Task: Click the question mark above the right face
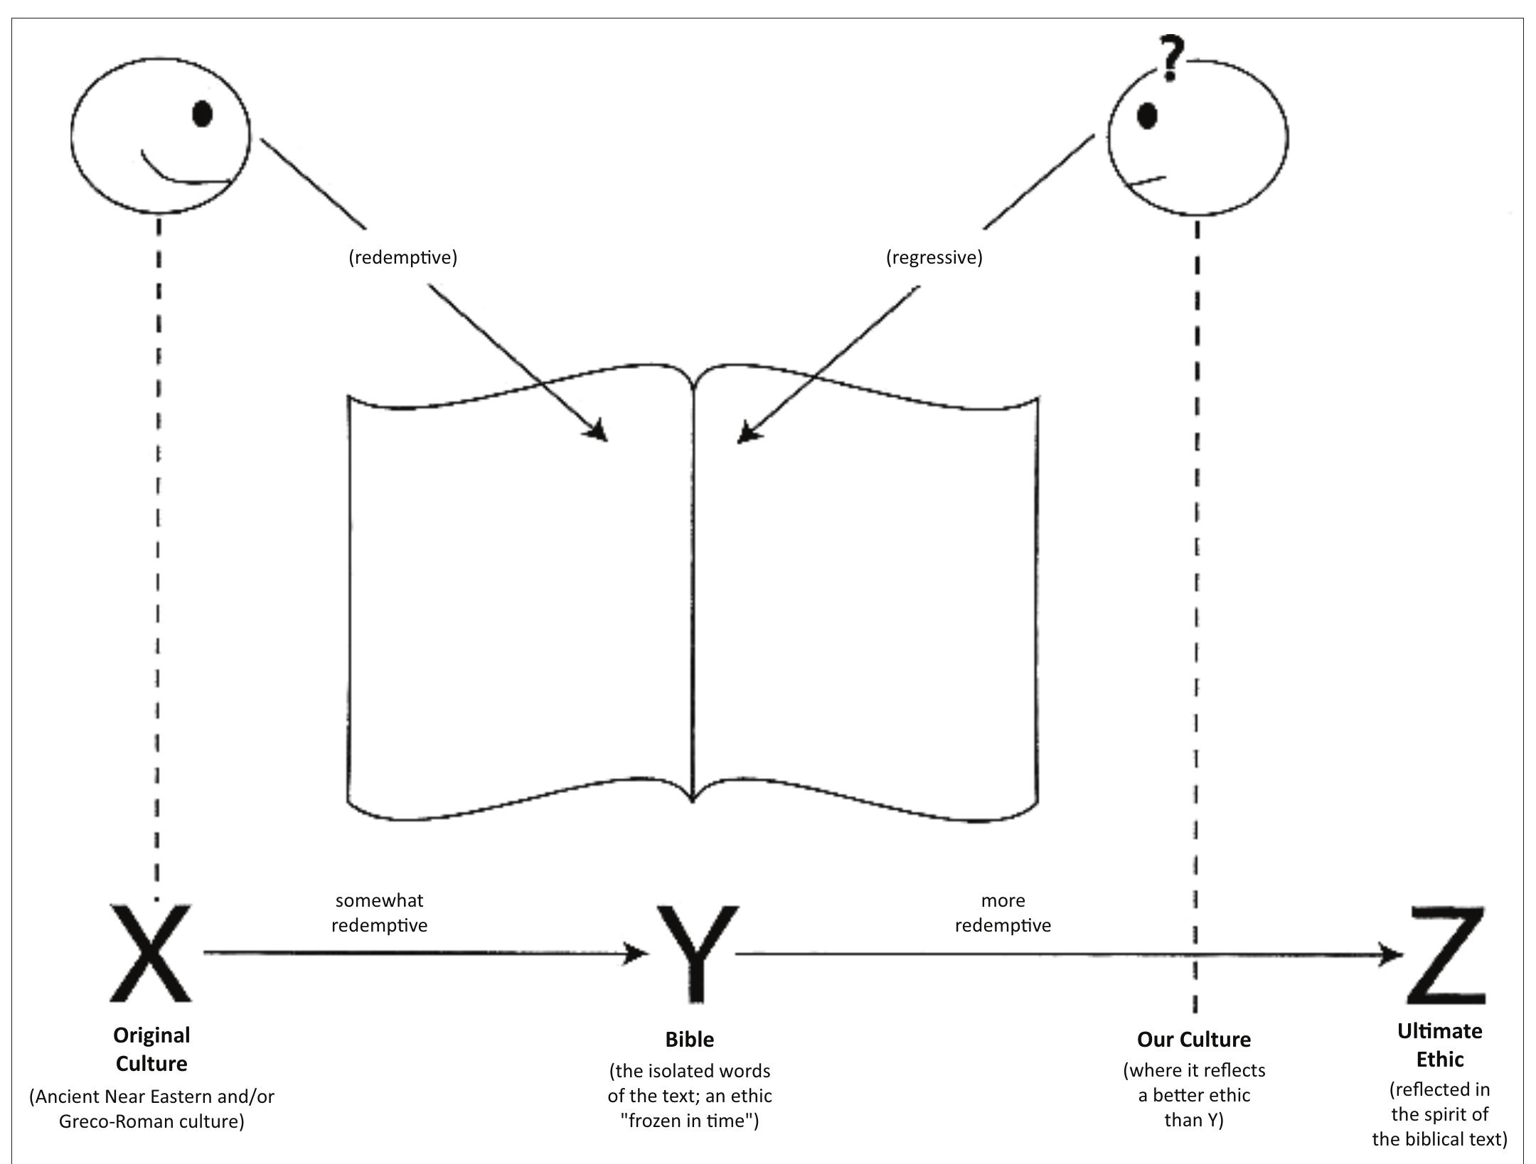point(1171,58)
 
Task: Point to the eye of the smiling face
point(203,114)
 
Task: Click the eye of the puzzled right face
point(1147,116)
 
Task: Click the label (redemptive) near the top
point(402,257)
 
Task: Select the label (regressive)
point(934,257)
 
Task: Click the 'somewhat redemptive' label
point(380,912)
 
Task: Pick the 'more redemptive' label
point(1003,912)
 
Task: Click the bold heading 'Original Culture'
point(151,1049)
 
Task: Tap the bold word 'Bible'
point(689,1039)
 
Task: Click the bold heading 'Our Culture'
point(1194,1039)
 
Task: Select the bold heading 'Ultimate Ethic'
point(1439,1045)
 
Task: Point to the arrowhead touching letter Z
point(1390,954)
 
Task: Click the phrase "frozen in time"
point(689,1121)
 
